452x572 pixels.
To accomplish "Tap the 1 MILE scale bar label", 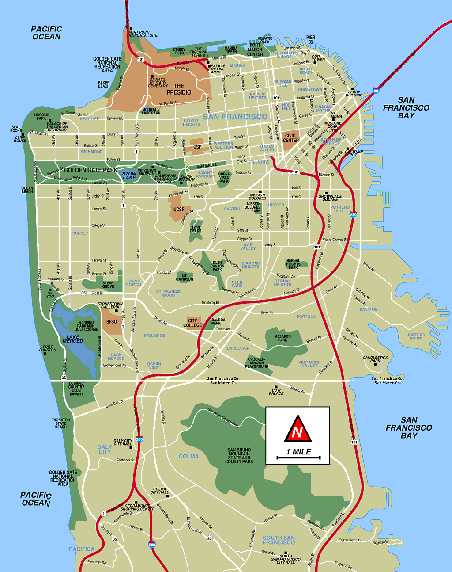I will (298, 452).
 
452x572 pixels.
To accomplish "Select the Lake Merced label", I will (73, 339).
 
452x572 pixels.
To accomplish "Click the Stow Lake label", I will (129, 175).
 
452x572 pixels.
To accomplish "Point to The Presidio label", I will (179, 89).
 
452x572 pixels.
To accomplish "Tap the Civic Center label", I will (290, 138).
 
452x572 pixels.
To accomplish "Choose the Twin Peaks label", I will (196, 229).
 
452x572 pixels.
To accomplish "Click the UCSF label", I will (179, 210).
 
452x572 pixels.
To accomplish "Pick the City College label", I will (192, 323).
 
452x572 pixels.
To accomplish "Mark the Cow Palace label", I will (276, 392).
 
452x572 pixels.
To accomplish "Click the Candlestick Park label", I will (375, 359).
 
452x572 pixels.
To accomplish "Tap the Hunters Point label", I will (415, 336).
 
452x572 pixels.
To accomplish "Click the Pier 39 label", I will (311, 40).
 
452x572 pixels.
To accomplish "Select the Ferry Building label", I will (354, 93).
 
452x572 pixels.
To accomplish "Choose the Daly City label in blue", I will (105, 449).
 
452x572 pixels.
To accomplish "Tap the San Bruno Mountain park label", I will (239, 456).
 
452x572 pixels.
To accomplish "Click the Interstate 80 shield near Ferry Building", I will (376, 91).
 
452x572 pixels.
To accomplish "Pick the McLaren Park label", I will (282, 338).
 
